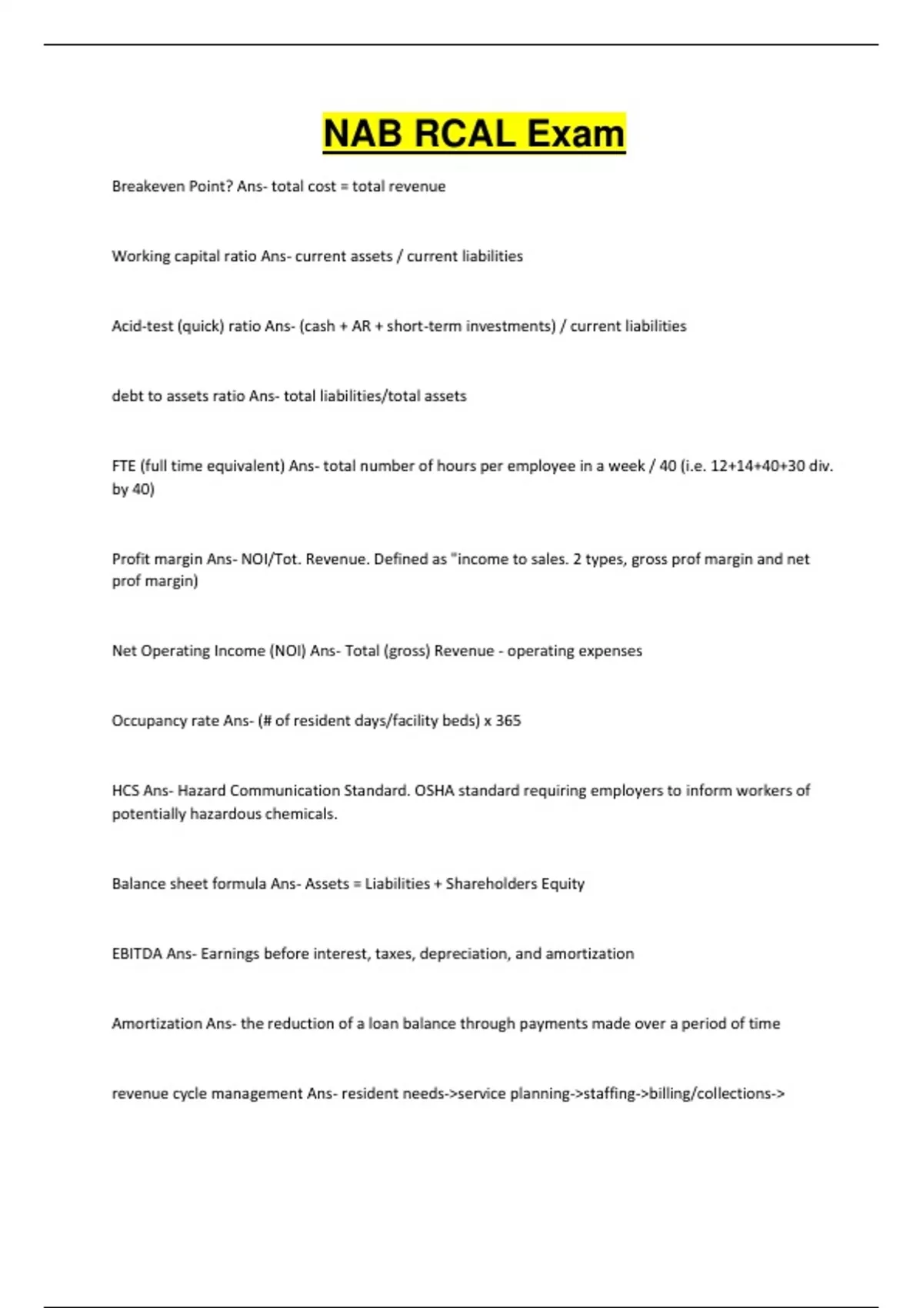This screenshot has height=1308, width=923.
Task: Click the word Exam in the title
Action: (575, 133)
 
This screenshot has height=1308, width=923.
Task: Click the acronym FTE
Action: (124, 466)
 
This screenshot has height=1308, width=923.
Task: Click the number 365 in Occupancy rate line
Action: (508, 721)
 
